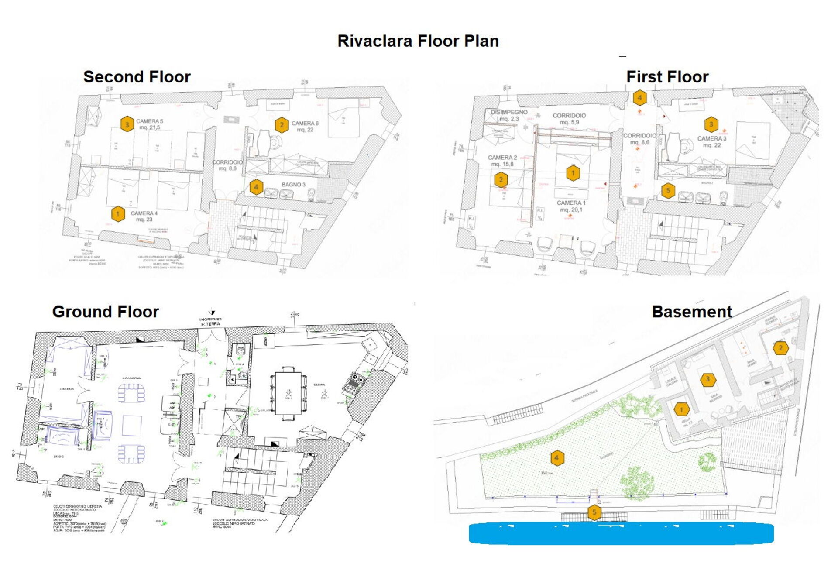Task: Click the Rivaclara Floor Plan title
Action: (x=418, y=41)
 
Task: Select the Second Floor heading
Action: (x=137, y=77)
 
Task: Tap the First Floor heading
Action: (x=667, y=77)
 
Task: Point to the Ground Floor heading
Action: (x=105, y=312)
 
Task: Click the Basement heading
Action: (x=692, y=312)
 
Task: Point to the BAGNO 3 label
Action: (x=293, y=185)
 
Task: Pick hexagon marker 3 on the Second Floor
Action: (x=127, y=124)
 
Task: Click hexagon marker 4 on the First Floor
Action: (x=640, y=97)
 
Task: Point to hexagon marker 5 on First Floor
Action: (x=668, y=190)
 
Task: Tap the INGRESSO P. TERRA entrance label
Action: (x=211, y=322)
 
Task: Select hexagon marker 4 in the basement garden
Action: (x=556, y=458)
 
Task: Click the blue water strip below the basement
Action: (x=621, y=533)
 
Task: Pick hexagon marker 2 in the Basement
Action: (x=780, y=348)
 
